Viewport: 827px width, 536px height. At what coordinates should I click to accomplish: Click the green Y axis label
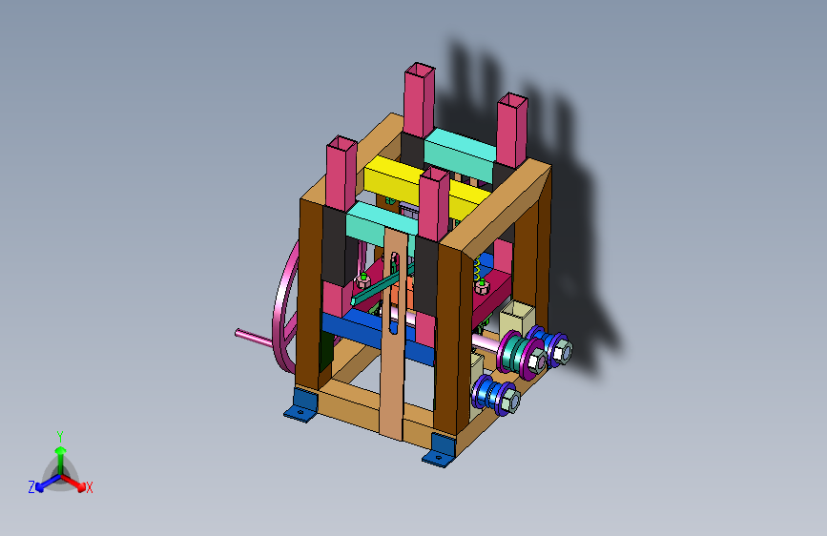60,437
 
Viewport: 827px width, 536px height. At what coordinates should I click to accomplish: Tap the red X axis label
90,488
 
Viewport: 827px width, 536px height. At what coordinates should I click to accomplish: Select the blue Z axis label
31,487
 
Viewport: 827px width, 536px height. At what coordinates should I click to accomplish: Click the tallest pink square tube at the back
420,101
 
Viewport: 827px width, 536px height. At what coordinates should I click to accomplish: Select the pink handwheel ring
283,311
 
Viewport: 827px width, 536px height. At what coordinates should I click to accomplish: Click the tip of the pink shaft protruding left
238,332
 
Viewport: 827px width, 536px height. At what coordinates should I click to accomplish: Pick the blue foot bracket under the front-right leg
441,451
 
